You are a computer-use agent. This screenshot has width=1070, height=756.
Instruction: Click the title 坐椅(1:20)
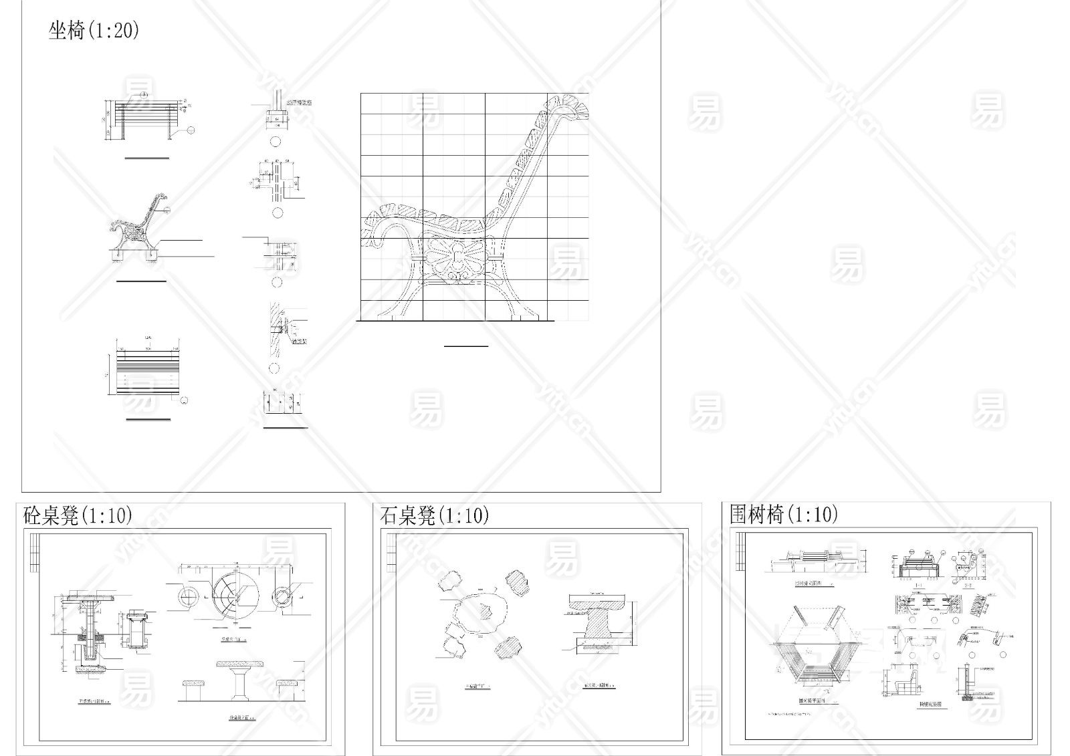[x=94, y=30]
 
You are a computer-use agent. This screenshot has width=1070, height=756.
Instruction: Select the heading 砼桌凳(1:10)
[x=78, y=515]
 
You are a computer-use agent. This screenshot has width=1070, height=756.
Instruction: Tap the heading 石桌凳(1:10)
[x=435, y=515]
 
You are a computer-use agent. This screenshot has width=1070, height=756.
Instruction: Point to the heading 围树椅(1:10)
[x=784, y=514]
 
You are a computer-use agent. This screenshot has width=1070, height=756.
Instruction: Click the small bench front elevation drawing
[x=146, y=120]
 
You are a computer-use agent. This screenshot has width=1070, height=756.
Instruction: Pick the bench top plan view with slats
[x=147, y=376]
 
